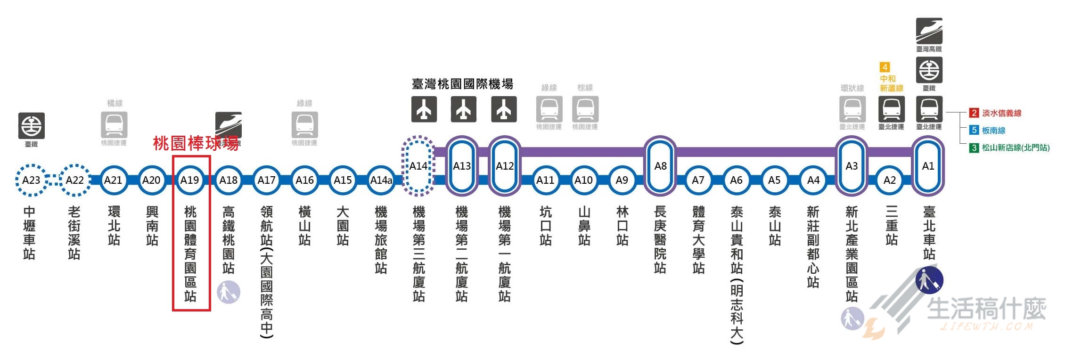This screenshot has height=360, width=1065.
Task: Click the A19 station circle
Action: [190, 180]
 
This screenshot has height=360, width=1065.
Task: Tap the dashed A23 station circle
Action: [31, 180]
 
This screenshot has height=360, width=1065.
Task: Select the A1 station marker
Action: [928, 166]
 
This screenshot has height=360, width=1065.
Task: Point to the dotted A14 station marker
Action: [418, 166]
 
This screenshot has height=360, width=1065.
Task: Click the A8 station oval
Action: [660, 166]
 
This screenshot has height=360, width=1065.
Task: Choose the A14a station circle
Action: [381, 180]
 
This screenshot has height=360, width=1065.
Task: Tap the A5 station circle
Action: [774, 180]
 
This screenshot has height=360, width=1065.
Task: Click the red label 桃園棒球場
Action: [196, 143]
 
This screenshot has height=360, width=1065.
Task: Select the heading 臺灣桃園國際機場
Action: [462, 84]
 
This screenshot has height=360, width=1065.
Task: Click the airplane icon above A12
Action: [504, 109]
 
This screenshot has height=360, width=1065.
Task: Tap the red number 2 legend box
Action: [974, 113]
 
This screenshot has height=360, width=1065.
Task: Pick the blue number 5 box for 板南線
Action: [974, 130]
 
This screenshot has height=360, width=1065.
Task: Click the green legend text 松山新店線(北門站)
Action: [1015, 147]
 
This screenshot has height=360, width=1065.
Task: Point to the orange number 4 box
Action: [885, 67]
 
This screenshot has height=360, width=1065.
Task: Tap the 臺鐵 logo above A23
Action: [32, 126]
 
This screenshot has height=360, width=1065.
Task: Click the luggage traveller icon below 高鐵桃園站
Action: [229, 292]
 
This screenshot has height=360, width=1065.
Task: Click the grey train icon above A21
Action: [114, 125]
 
